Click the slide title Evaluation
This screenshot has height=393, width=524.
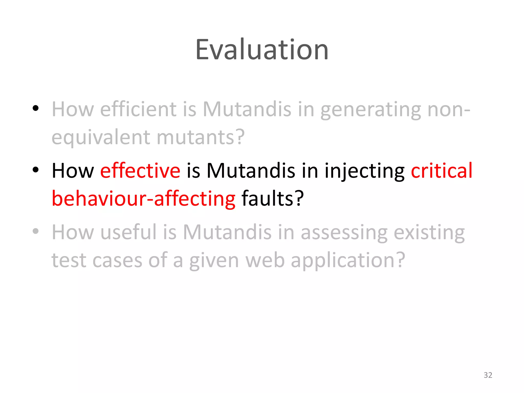click(262, 50)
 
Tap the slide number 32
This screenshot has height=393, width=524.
click(488, 375)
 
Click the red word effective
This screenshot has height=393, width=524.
click(140, 171)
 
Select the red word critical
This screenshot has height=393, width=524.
click(441, 171)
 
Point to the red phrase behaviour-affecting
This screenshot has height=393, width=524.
click(143, 199)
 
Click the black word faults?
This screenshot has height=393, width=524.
click(272, 199)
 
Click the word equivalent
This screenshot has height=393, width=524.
click(101, 138)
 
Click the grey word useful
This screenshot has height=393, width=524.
click(128, 232)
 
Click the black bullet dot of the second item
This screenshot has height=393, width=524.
click(36, 170)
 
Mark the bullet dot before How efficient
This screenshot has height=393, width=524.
click(36, 108)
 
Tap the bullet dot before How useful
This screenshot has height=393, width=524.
click(36, 231)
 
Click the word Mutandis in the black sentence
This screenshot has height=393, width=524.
click(251, 171)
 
